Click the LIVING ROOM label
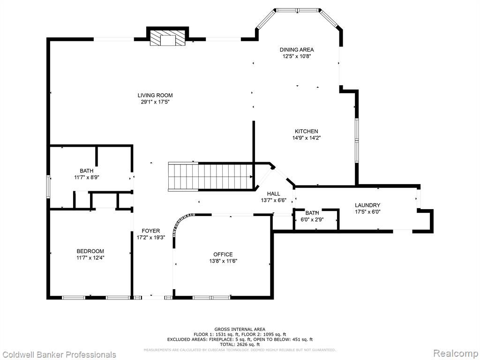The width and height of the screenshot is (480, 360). pyautogui.click(x=155, y=95)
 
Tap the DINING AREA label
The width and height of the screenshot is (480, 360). pyautogui.click(x=297, y=50)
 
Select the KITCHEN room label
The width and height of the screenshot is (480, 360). pyautogui.click(x=307, y=131)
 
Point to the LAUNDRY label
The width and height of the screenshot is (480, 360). pyautogui.click(x=367, y=205)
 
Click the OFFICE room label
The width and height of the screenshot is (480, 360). pyautogui.click(x=223, y=255)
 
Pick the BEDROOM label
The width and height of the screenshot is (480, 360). pyautogui.click(x=90, y=251)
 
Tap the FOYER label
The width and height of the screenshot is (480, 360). pyautogui.click(x=150, y=231)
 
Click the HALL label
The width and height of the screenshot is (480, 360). pyautogui.click(x=273, y=194)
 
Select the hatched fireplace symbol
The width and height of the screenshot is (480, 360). pyautogui.click(x=168, y=38)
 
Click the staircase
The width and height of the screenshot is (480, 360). pyautogui.click(x=210, y=177)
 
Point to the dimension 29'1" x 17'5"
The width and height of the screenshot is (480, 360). pyautogui.click(x=155, y=102)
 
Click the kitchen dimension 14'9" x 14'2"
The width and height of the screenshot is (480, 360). pyautogui.click(x=307, y=138)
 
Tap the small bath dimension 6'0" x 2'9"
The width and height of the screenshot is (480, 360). pyautogui.click(x=312, y=219)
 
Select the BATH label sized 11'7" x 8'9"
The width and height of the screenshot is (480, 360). pyautogui.click(x=87, y=171)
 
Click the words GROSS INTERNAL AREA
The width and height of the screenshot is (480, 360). pyautogui.click(x=240, y=330)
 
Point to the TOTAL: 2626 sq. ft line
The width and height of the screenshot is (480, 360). pyautogui.click(x=240, y=345)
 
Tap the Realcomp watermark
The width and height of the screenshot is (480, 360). pyautogui.click(x=456, y=353)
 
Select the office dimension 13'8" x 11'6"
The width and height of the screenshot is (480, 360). pyautogui.click(x=223, y=261)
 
